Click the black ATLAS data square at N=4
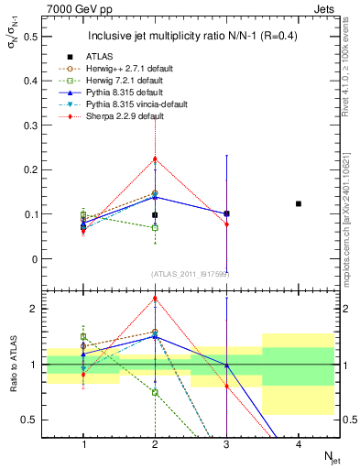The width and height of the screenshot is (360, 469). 299,203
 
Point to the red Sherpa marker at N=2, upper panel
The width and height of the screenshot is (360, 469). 155,158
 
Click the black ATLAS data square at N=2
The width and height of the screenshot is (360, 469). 155,215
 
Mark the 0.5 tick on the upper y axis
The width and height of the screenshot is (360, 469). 30,37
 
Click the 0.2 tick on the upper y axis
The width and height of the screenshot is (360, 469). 30,170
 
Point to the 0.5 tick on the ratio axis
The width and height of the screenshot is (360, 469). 30,420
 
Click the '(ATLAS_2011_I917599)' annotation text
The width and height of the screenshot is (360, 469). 191,274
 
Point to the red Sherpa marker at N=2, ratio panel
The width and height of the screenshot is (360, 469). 155,298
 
